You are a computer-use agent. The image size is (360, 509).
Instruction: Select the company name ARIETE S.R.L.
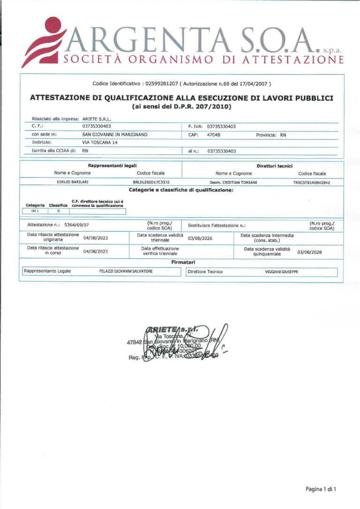99,119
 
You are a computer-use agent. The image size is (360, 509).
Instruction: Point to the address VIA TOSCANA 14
99,143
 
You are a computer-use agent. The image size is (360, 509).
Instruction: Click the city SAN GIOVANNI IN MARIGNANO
115,135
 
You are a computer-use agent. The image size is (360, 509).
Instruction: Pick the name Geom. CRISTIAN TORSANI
233,182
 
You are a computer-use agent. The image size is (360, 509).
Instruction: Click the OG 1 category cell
35,211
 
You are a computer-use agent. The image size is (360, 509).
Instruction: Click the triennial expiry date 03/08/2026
200,238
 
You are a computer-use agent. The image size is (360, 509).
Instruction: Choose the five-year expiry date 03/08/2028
310,251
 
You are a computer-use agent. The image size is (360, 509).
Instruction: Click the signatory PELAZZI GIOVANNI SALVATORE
126,272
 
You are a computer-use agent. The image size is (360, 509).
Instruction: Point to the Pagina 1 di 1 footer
321,489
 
